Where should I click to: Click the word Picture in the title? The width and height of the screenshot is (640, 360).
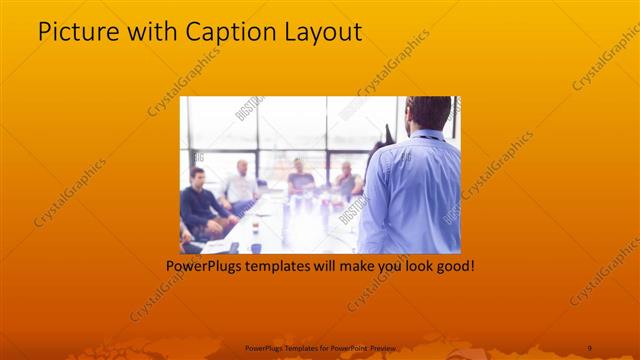click(75, 32)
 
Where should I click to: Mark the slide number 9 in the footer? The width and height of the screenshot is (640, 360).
click(589, 347)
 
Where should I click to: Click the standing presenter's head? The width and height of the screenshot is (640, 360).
click(430, 114)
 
